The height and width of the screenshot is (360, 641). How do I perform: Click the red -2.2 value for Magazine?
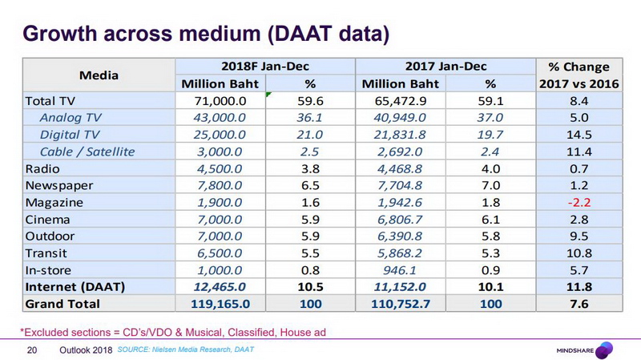(579, 201)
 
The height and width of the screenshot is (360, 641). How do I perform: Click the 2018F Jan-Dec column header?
(264, 67)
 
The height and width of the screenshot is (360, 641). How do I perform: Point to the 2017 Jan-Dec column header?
(446, 67)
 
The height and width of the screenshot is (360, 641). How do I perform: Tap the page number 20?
(33, 350)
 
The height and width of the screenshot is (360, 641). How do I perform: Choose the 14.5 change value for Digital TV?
(579, 134)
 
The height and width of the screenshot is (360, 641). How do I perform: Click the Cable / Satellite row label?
(87, 151)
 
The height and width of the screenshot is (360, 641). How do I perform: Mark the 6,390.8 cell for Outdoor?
(400, 236)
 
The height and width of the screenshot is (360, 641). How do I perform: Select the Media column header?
(99, 75)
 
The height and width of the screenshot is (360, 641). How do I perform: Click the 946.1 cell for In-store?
(400, 269)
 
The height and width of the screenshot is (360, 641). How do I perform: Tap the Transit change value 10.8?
(579, 253)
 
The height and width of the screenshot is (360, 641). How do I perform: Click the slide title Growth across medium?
(206, 34)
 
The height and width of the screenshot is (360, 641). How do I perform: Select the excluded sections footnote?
(172, 331)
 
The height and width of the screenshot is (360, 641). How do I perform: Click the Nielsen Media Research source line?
(187, 350)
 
